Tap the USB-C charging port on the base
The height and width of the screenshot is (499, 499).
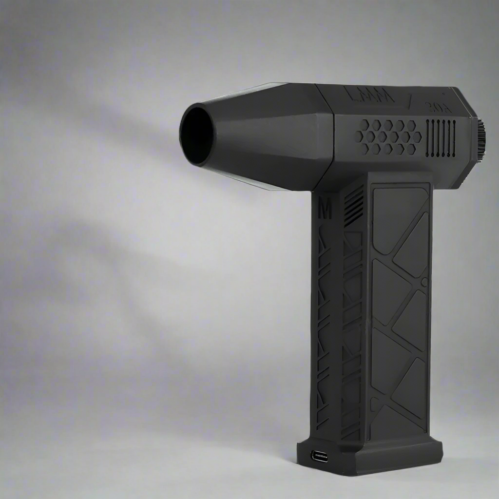pyautogui.click(x=319, y=457)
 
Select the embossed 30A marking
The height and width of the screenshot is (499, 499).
pyautogui.click(x=438, y=107)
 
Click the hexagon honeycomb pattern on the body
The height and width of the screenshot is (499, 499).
pyautogui.click(x=388, y=137)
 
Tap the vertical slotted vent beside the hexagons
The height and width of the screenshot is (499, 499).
pyautogui.click(x=441, y=138)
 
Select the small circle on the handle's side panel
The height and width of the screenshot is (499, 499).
pyautogui.click(x=424, y=282)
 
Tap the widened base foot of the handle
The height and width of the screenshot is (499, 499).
pyautogui.click(x=370, y=456)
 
